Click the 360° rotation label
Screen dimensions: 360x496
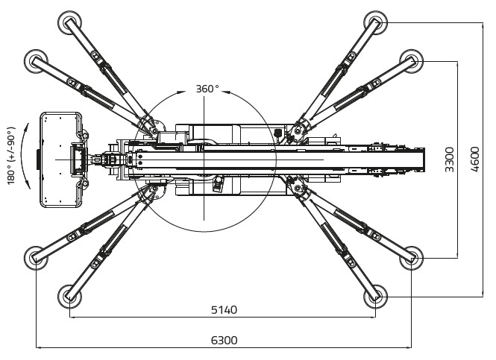tap(207, 89)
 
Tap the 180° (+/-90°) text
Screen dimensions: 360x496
tap(12, 158)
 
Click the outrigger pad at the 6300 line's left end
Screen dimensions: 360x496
tap(36, 257)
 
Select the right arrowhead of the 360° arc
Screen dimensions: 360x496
tap(228, 93)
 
